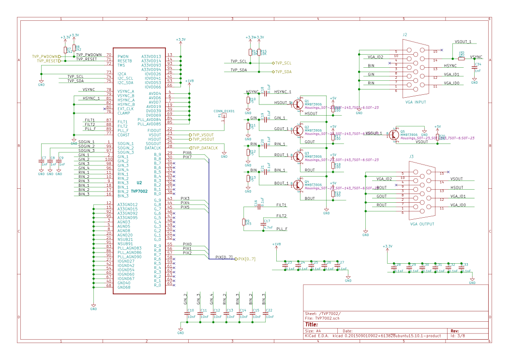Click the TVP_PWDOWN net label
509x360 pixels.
coord(46,57)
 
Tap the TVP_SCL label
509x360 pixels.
coord(283,63)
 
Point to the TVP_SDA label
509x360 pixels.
coord(283,72)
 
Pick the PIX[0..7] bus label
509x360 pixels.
coord(245,259)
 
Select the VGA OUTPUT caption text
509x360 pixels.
coord(422,224)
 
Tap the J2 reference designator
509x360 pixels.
coord(404,35)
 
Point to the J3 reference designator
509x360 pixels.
coord(411,157)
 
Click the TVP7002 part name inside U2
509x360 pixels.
coord(138,191)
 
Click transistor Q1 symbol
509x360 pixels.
coord(297,103)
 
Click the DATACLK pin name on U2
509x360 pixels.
coord(153,148)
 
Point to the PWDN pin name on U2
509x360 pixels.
coord(123,57)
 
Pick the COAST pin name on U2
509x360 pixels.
coord(123,135)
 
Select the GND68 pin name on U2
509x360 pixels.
coord(124,287)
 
